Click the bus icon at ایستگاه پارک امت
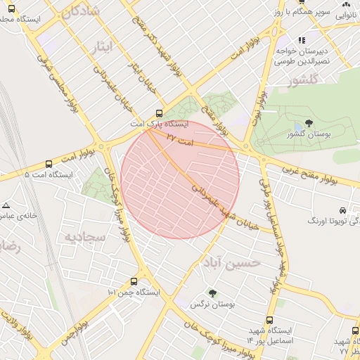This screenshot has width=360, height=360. [x=159, y=112]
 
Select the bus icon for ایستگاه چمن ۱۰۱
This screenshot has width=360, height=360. [x=134, y=281]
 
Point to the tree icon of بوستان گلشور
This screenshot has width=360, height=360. [x=309, y=124]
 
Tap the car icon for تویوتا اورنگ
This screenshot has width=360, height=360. [x=342, y=210]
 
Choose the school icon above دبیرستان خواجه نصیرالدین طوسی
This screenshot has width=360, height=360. [x=302, y=40]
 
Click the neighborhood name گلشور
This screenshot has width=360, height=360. [x=302, y=82]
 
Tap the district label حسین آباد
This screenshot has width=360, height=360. [x=231, y=262]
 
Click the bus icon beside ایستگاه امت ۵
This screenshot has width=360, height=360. [x=48, y=163]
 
